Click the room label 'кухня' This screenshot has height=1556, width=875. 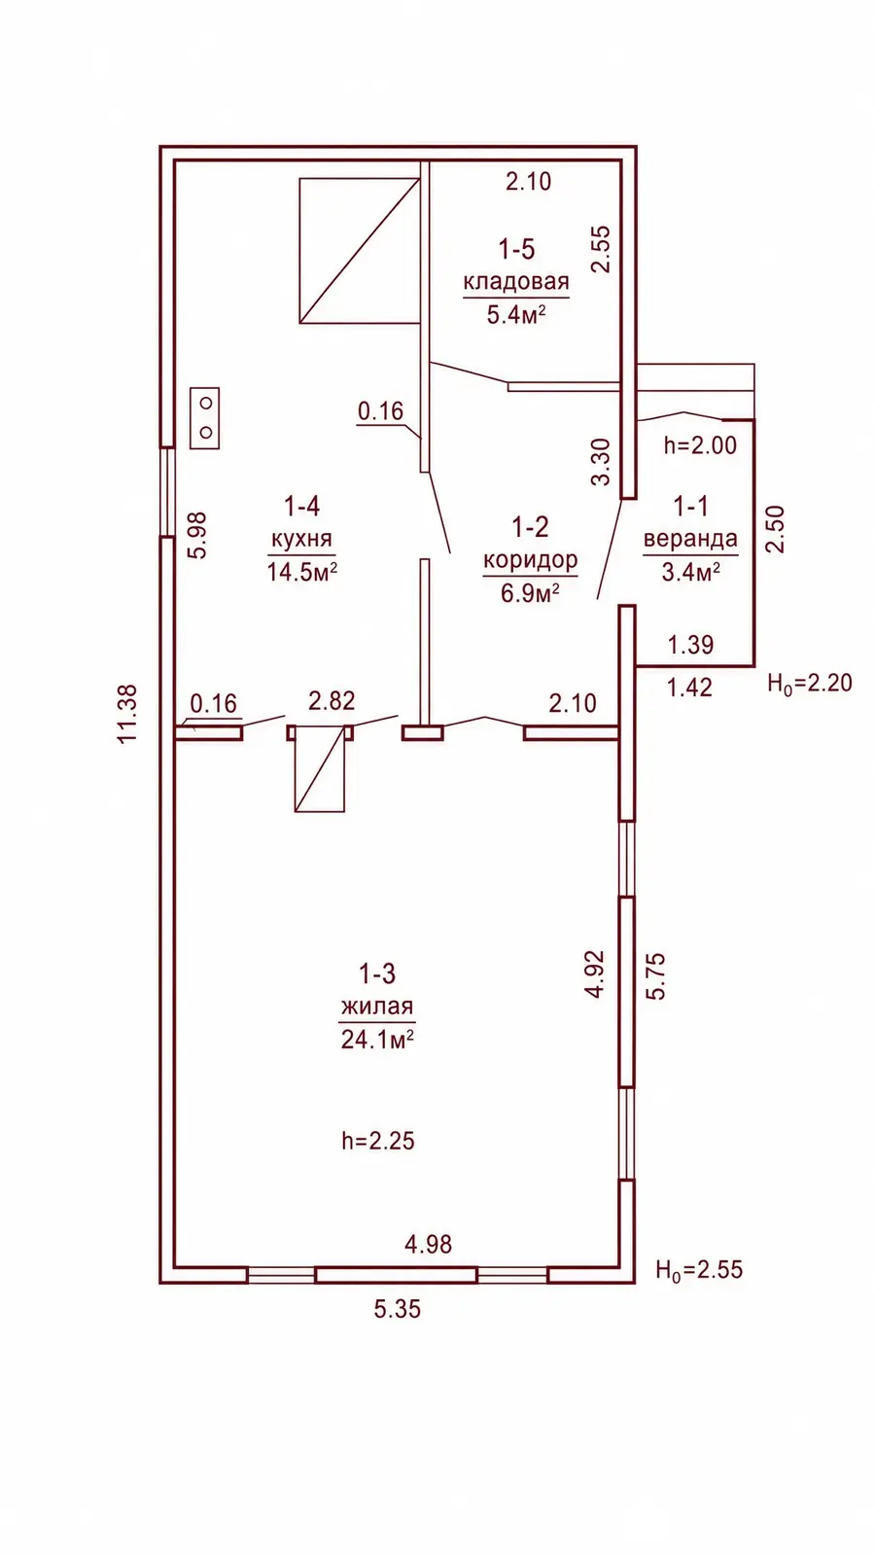click(301, 540)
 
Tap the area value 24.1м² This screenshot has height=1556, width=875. click(377, 1040)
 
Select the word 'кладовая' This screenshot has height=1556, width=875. click(516, 282)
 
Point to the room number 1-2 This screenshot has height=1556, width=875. click(530, 527)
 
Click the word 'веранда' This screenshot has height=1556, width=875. click(690, 539)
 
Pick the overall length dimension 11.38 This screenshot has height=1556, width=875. click(127, 715)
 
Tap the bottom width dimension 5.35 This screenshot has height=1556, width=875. click(398, 1309)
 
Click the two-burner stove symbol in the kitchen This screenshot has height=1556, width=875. click(205, 418)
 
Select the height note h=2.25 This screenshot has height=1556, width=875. click(378, 1141)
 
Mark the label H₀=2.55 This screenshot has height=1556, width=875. click(699, 1270)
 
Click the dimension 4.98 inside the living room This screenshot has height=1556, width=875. click(429, 1244)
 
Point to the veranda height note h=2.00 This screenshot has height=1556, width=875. click(700, 445)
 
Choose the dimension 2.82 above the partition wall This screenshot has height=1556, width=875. click(332, 701)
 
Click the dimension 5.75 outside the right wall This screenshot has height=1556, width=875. click(655, 976)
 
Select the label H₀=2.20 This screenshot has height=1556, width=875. click(810, 684)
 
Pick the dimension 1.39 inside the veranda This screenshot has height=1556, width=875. click(690, 645)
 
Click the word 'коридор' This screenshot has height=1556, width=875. click(530, 560)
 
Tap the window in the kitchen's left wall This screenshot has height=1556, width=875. click(167, 491)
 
